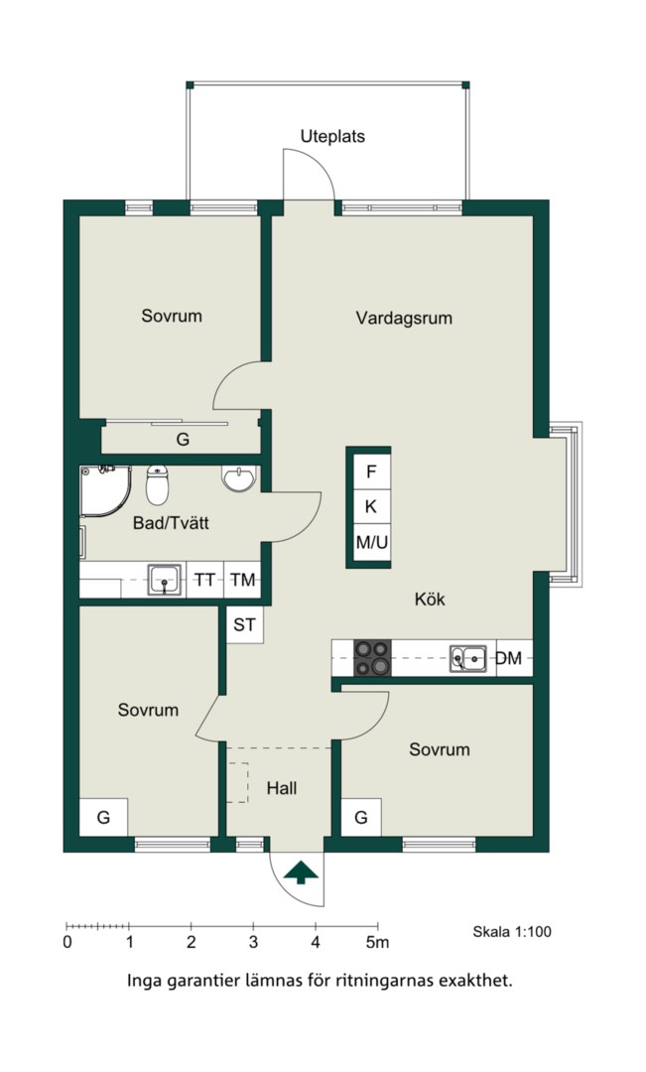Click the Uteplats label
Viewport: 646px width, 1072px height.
point(332,137)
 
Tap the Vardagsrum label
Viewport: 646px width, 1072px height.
point(404,319)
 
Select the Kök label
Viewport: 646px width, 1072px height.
point(430,600)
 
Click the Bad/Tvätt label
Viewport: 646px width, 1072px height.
point(171,524)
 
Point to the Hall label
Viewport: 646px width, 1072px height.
point(282,789)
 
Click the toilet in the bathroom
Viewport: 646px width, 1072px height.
point(157,483)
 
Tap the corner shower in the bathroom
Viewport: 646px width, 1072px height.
point(104,491)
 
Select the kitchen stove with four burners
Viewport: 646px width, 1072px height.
point(372,658)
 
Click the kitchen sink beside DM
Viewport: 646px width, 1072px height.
point(468,658)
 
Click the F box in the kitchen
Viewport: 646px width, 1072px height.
point(371,471)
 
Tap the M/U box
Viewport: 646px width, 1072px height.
point(371,543)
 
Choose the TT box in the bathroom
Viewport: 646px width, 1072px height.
point(205,581)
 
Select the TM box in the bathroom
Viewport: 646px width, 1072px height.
point(243,581)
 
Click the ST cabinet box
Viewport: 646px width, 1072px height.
point(245,625)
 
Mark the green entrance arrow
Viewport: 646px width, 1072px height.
point(302,872)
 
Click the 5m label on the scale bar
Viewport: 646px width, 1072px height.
point(377,943)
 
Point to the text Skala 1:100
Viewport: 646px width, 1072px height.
point(512,932)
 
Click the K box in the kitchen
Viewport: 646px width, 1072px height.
point(371,507)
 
